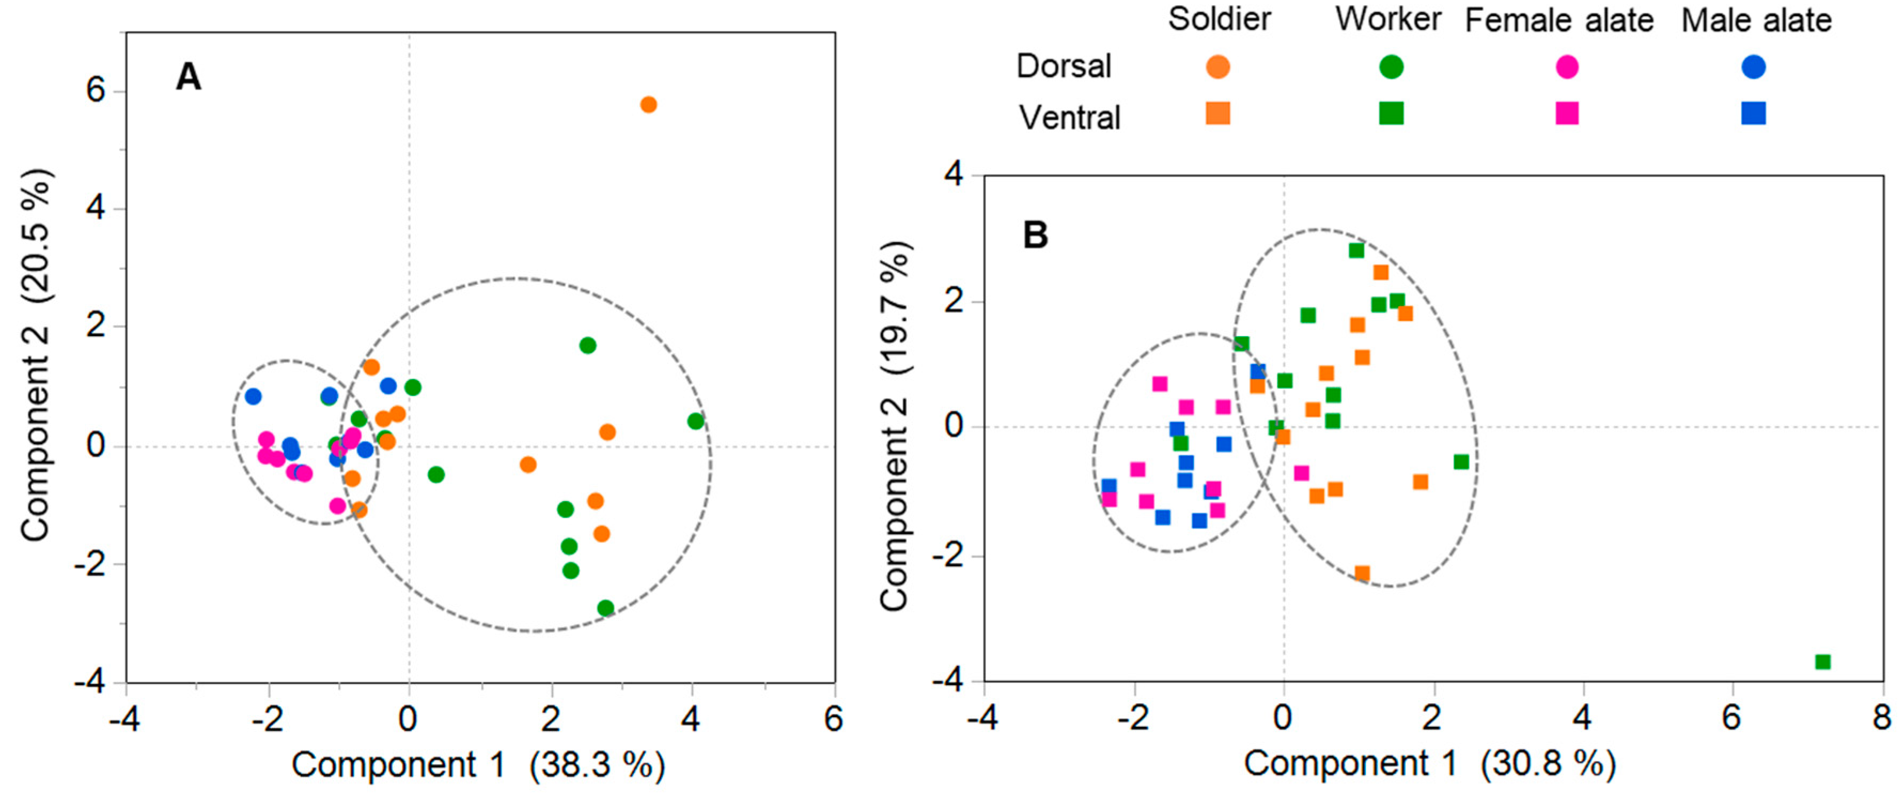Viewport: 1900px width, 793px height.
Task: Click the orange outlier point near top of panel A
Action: (648, 105)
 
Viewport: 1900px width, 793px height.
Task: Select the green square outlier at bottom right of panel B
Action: (1823, 662)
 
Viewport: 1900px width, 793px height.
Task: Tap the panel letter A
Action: (188, 77)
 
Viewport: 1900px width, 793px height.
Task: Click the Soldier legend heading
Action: (1219, 19)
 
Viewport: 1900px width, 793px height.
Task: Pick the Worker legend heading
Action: (1388, 19)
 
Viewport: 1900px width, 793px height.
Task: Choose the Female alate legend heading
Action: (1559, 21)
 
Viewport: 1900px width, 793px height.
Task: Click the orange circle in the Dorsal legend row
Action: (1218, 67)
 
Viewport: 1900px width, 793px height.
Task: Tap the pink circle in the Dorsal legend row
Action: (1567, 67)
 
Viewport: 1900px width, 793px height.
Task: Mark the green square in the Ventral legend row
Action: (1391, 113)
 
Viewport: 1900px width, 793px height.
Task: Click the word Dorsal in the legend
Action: (1064, 66)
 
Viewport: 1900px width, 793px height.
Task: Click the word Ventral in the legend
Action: (1069, 117)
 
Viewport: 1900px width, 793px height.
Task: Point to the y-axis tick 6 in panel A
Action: (96, 91)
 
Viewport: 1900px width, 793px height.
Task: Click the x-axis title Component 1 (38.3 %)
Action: (478, 765)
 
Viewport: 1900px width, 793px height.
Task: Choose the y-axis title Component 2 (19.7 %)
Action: (895, 426)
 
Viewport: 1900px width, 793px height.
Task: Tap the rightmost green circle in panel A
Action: (695, 421)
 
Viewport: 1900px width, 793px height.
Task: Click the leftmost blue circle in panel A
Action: (253, 396)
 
